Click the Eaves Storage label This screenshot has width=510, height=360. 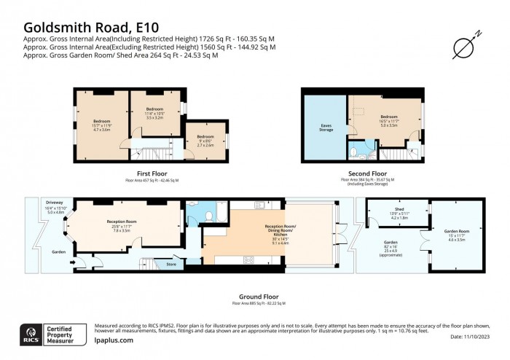326,128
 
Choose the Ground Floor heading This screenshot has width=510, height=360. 259,297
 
